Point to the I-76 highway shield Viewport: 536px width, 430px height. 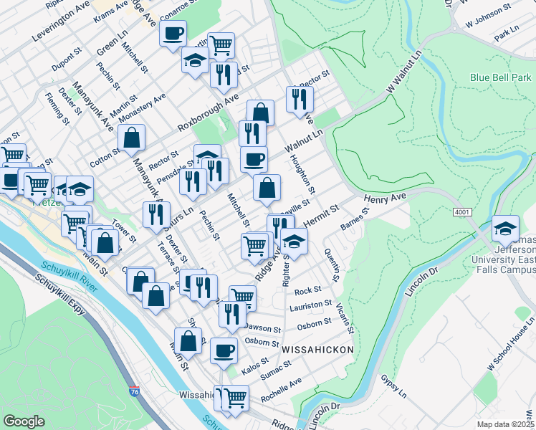click(x=135, y=392)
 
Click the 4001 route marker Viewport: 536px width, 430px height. click(x=462, y=213)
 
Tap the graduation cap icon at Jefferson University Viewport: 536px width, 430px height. click(x=506, y=230)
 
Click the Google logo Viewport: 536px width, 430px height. click(x=24, y=421)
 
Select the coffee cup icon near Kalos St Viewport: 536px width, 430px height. click(x=224, y=351)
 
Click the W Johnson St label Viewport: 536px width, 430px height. click(x=487, y=12)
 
